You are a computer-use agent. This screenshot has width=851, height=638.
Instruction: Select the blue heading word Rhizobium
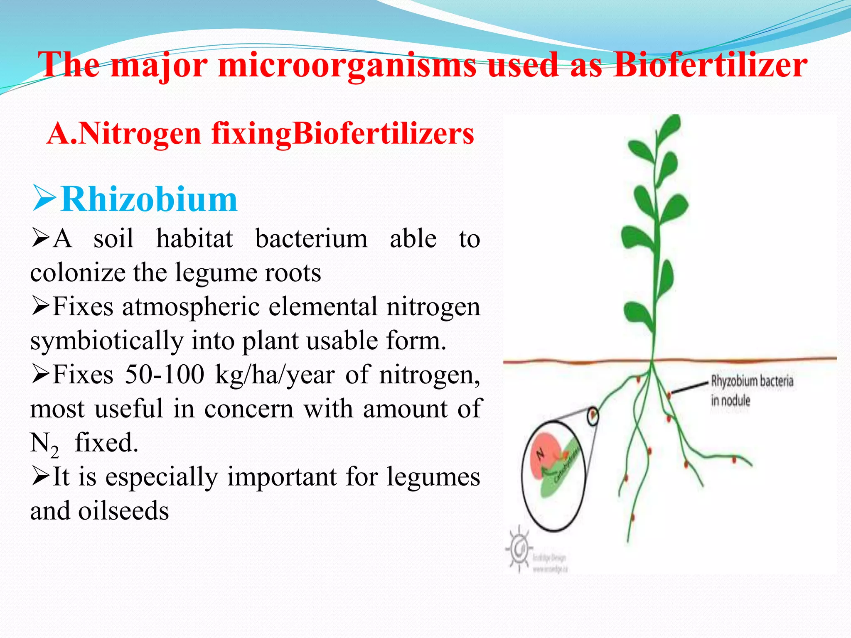[149, 199]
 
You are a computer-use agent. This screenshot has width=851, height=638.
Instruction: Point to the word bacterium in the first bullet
[311, 239]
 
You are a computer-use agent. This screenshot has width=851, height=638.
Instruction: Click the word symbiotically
[107, 341]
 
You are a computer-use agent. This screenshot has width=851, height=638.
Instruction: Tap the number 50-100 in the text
[165, 374]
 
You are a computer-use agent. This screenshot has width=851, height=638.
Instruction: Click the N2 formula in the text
[44, 444]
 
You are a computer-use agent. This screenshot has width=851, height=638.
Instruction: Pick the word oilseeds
[123, 510]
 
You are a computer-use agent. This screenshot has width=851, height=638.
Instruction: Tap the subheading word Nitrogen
[140, 134]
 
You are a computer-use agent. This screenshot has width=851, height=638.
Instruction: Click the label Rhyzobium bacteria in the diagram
[752, 381]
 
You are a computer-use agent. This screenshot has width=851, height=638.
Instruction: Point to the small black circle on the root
[593, 415]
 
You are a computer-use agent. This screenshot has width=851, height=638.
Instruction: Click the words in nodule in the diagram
[730, 401]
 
